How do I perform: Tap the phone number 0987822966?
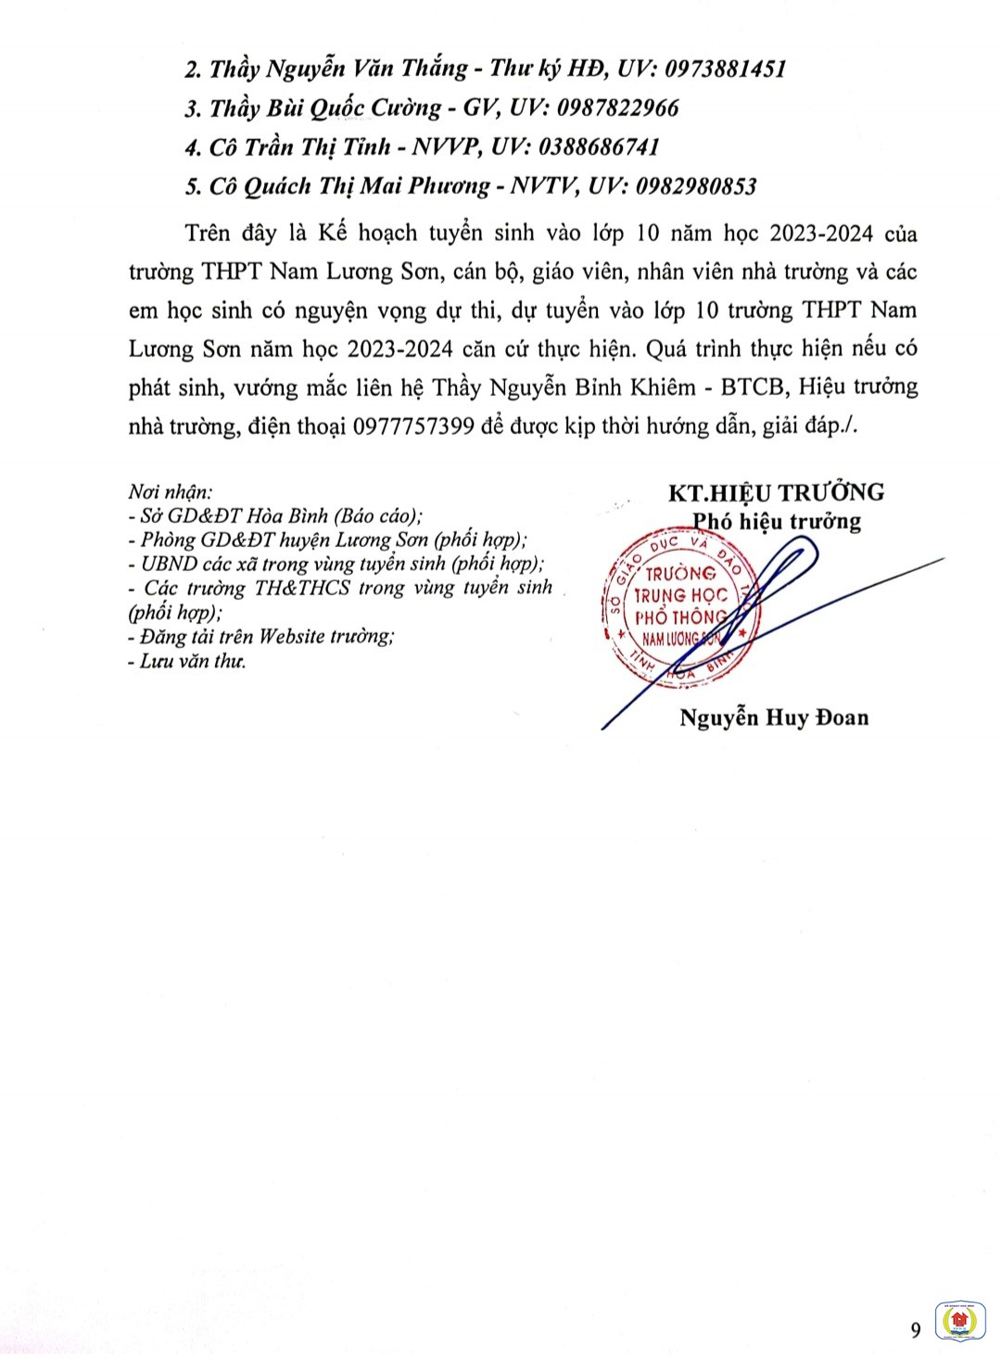click(x=617, y=108)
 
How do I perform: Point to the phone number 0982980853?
click(x=695, y=186)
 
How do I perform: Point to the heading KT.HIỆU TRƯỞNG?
click(x=776, y=492)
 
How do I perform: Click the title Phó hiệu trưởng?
click(x=778, y=521)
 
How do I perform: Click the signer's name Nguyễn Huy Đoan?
click(x=774, y=718)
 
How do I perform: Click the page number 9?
click(x=916, y=1330)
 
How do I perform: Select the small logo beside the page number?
click(x=957, y=1319)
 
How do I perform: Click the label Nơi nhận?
click(x=170, y=492)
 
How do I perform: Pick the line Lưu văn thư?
click(x=192, y=661)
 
